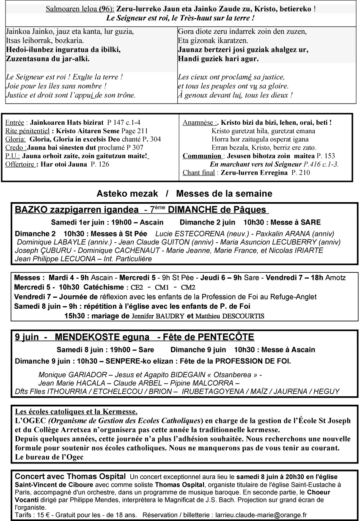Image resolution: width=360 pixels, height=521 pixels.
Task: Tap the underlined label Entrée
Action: pyautogui.click(x=14, y=123)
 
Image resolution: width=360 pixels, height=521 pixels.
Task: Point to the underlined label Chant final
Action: pyautogui.click(x=199, y=173)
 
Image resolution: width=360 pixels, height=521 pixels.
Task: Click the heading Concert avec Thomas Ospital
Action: pyautogui.click(x=70, y=477)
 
